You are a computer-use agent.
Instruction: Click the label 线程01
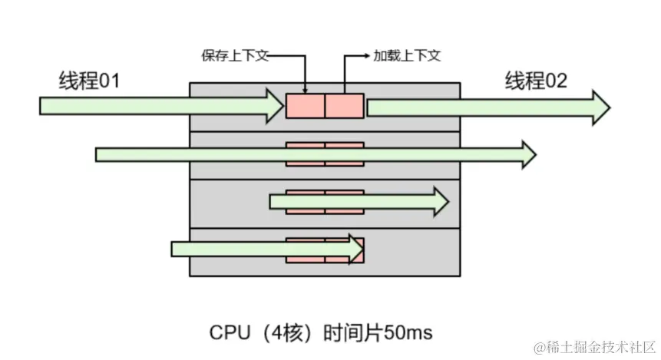89,81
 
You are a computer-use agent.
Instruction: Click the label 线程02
536,81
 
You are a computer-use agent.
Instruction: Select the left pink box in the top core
305,106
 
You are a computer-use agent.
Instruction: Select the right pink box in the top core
344,106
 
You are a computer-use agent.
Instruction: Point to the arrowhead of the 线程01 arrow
273,106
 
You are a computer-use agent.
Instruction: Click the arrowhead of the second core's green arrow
527,154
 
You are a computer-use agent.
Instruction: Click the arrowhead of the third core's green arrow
439,201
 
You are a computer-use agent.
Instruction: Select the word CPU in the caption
228,332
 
